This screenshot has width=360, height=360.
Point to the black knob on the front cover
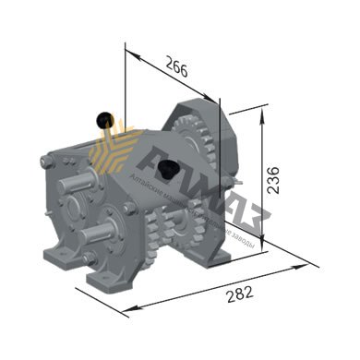tap(169, 170)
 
